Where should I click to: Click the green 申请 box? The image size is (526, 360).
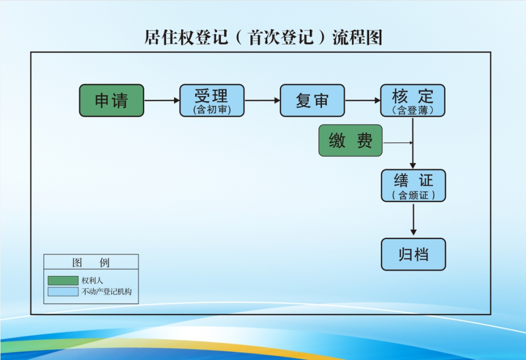[112, 100]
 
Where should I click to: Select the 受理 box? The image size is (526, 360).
[212, 100]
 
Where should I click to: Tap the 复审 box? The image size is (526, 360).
[312, 100]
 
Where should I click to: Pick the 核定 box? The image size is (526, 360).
[413, 100]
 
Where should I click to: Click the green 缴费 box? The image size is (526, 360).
[350, 141]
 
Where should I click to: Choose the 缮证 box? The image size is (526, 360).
[413, 186]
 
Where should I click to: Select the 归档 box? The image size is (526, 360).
[413, 254]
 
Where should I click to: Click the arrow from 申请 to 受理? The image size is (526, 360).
[162, 100]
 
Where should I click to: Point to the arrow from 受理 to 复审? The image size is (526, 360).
[262, 100]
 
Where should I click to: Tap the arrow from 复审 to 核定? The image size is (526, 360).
[363, 100]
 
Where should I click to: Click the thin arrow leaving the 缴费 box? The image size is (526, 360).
[398, 142]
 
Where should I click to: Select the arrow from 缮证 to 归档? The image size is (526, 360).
[413, 220]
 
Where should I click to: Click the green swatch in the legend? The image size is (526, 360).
[63, 281]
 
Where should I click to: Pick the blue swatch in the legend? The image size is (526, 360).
[63, 291]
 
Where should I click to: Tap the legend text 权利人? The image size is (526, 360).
[92, 281]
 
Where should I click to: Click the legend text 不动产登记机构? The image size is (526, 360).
[106, 291]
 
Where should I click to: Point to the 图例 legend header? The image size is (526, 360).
[91, 262]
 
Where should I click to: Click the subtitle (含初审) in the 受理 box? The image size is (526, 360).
[212, 110]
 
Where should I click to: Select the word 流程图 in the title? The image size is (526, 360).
[357, 38]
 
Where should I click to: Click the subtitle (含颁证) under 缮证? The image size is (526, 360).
[413, 195]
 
